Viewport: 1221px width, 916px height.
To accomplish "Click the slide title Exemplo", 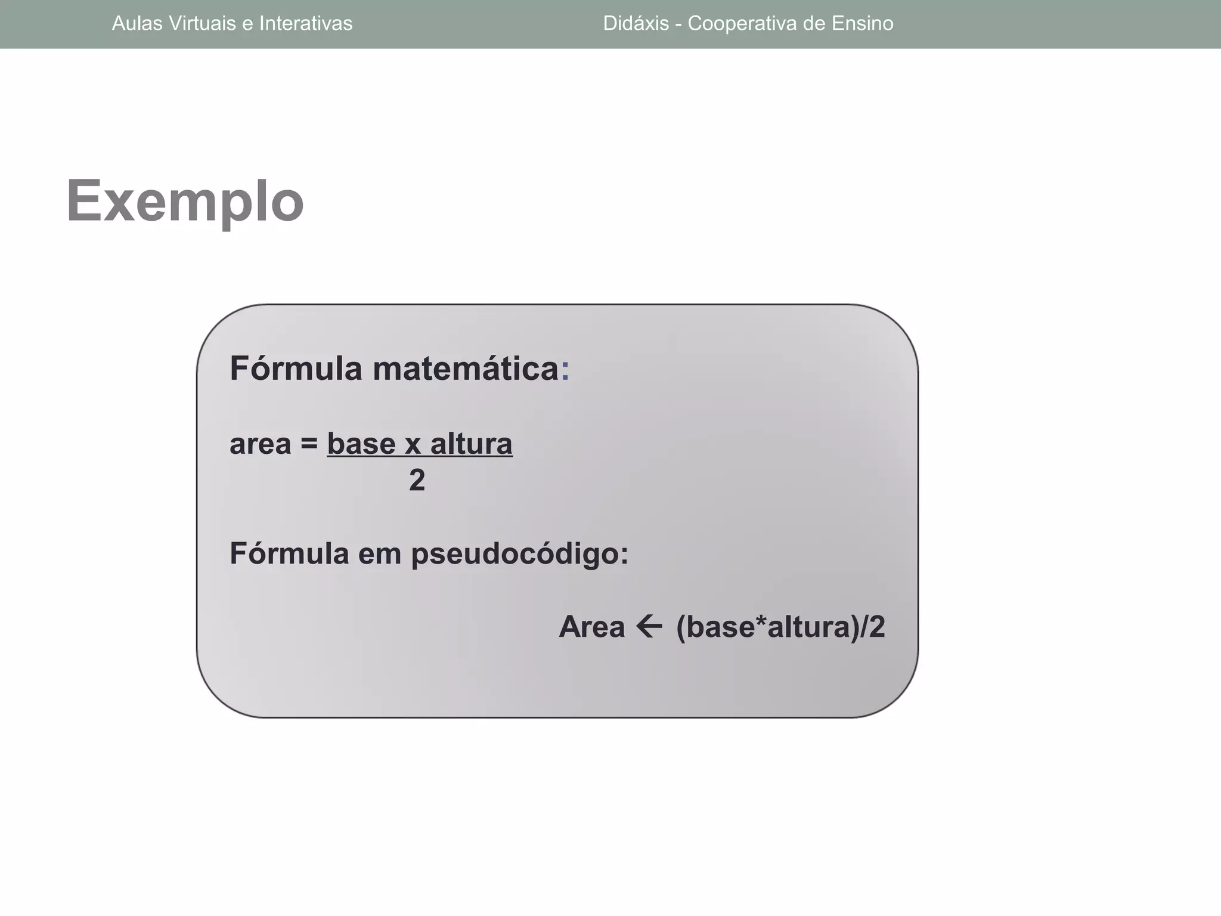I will (185, 202).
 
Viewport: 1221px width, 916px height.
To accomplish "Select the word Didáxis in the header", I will (636, 23).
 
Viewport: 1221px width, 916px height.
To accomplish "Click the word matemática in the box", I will (466, 369).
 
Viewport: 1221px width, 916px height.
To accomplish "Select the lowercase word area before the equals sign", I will (261, 444).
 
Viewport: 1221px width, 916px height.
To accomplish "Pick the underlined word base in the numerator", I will (361, 444).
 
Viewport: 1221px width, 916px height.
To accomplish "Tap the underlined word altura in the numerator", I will (471, 444).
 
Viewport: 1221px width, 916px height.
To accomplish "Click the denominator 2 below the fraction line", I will (417, 480).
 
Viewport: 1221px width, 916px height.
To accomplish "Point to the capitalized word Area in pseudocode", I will (591, 627).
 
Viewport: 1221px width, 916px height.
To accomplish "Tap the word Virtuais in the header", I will (202, 23).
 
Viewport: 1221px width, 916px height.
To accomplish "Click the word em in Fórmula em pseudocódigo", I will (379, 554).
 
